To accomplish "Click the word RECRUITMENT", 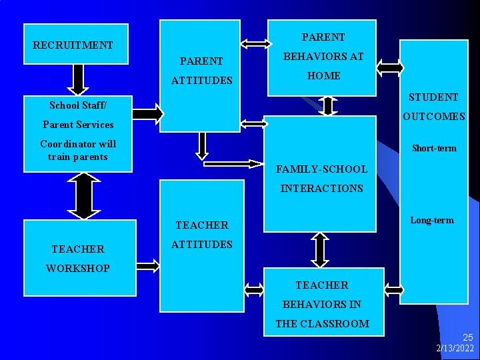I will pyautogui.click(x=73, y=45).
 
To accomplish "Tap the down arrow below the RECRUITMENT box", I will pyautogui.click(x=78, y=79).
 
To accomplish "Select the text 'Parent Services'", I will pyautogui.click(x=78, y=125).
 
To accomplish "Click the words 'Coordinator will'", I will pyautogui.click(x=78, y=144).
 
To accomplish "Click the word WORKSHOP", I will pyautogui.click(x=78, y=269).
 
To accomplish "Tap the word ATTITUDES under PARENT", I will pyautogui.click(x=202, y=81).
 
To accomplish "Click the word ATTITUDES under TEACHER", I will pyautogui.click(x=202, y=245).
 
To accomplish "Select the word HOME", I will pyautogui.click(x=324, y=76).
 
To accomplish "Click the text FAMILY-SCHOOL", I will pyautogui.click(x=321, y=169).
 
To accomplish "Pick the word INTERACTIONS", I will pyautogui.click(x=321, y=189).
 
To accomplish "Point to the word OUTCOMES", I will pyautogui.click(x=433, y=117).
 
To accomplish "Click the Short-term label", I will pyautogui.click(x=434, y=148).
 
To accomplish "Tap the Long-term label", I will pyautogui.click(x=432, y=220).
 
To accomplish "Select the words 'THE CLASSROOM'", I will pyautogui.click(x=322, y=324).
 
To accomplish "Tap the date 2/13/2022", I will pyautogui.click(x=455, y=349).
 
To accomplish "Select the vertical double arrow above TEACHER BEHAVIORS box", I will pyautogui.click(x=321, y=250).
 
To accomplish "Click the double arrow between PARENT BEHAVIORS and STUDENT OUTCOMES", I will pyautogui.click(x=390, y=66).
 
